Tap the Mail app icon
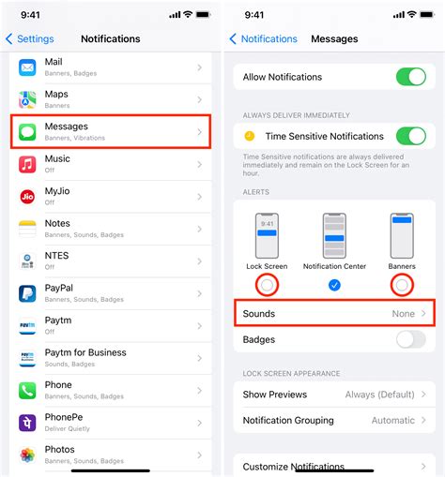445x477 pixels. coord(27,67)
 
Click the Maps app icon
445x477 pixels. coord(27,99)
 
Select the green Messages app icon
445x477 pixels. coord(27,131)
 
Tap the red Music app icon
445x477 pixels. coord(27,164)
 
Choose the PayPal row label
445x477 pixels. coord(59,288)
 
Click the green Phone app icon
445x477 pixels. coord(27,390)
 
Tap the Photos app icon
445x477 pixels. coord(27,454)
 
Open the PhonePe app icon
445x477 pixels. coord(27,422)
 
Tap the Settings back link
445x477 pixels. coord(30,39)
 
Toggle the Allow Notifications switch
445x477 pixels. coord(410,77)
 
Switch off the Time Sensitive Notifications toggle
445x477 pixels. coord(410,136)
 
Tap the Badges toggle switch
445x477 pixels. coord(410,339)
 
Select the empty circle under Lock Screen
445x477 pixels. coord(268,284)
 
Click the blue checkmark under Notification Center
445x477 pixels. coord(335,284)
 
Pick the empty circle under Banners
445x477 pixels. coord(402,284)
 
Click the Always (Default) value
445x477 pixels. coord(380,395)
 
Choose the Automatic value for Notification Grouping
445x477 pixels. coord(393,420)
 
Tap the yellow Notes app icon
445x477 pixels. coord(27,228)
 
